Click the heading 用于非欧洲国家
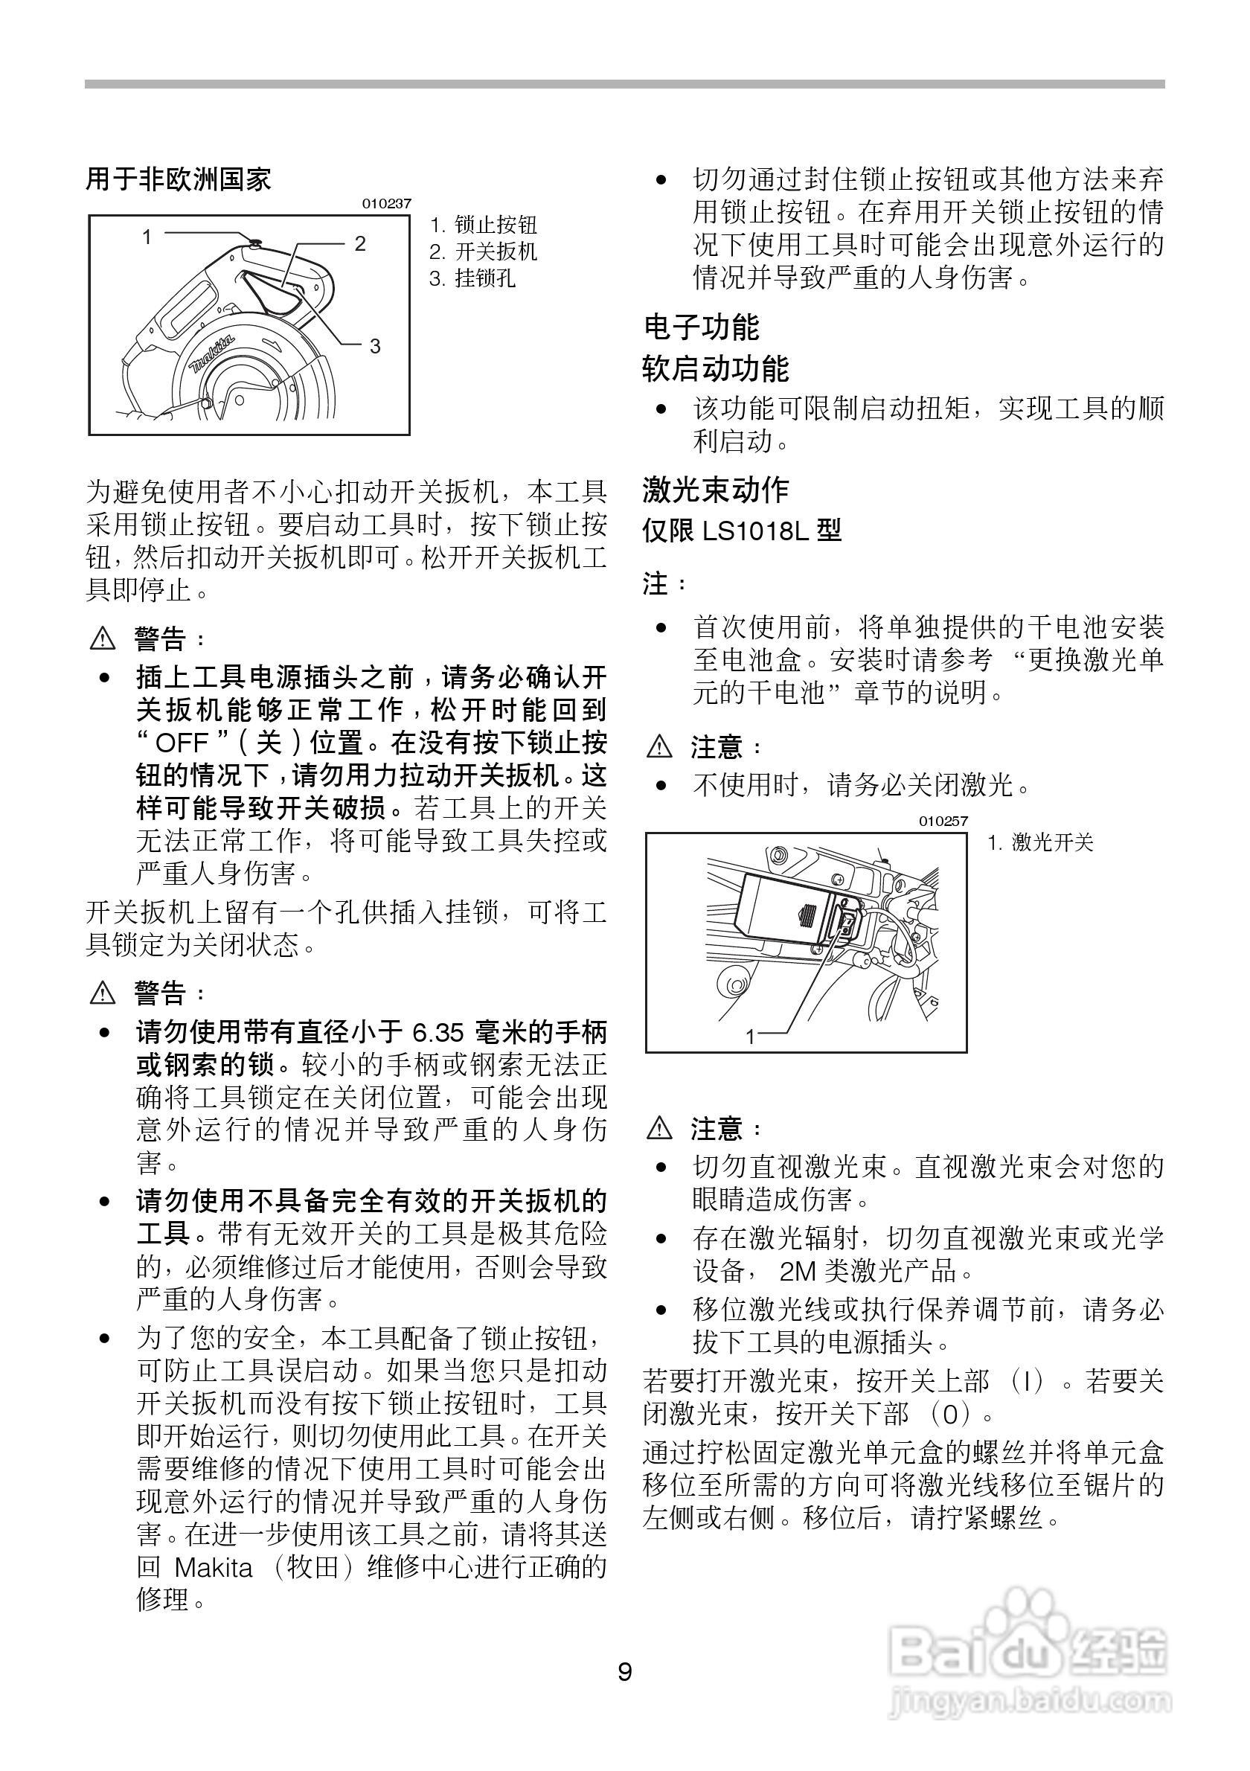pos(178,180)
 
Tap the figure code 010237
pos(386,204)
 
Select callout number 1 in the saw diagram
pos(147,237)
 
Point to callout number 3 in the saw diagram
pos(375,346)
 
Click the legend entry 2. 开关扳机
pos(484,252)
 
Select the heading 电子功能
pos(701,327)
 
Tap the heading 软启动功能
pos(716,368)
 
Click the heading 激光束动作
pos(716,489)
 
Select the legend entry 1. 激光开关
pos(1041,842)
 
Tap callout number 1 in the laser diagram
pos(750,1037)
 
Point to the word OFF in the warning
pos(182,743)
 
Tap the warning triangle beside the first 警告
pos(102,638)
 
